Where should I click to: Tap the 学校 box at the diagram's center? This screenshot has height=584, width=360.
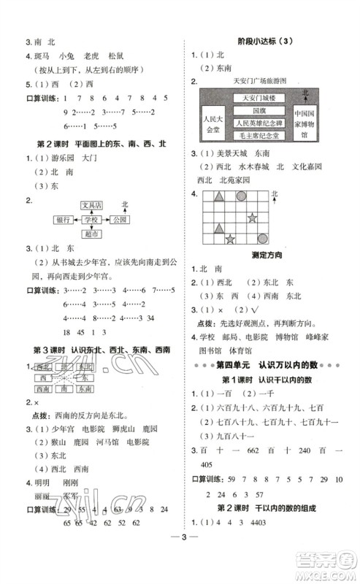click(92, 220)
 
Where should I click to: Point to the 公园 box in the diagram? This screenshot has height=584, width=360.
click(120, 220)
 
